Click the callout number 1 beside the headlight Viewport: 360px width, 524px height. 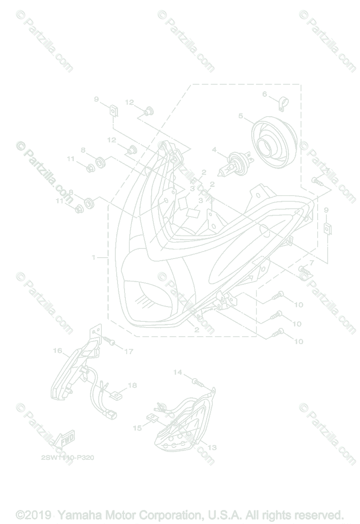(x=93, y=258)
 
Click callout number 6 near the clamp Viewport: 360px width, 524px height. (x=264, y=94)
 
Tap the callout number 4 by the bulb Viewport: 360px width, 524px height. (x=214, y=150)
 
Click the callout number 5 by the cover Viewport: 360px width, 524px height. (x=240, y=116)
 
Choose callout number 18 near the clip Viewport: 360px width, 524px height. (x=132, y=385)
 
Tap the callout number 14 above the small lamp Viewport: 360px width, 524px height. (x=177, y=372)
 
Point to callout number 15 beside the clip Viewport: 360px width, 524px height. (x=137, y=428)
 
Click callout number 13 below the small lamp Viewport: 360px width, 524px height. (x=212, y=448)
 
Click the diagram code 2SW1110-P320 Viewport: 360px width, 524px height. (x=68, y=458)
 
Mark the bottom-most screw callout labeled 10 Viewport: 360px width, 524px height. (x=298, y=341)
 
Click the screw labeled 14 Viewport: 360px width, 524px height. (x=198, y=382)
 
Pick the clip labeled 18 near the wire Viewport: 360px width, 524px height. (x=116, y=396)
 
